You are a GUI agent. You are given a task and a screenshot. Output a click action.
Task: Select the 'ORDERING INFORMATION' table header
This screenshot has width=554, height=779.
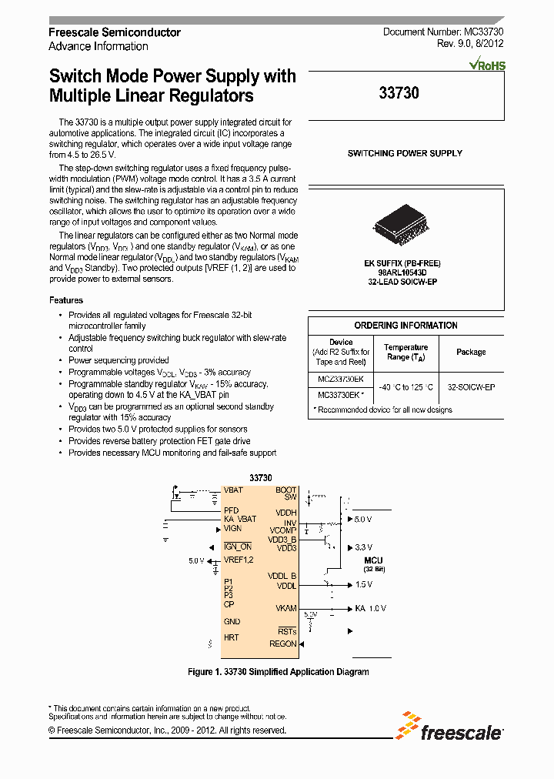coord(405,326)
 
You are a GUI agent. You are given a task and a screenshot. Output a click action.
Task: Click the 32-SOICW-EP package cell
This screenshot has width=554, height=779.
coord(471,387)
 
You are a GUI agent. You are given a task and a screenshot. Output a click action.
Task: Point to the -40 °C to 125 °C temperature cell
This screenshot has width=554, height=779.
coord(405,387)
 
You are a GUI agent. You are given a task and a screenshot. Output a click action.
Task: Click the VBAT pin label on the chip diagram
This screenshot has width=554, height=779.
coord(233,490)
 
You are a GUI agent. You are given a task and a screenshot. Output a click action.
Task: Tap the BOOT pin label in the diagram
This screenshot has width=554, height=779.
coord(285,490)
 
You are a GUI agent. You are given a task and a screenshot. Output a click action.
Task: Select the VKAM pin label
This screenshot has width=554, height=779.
coord(285,608)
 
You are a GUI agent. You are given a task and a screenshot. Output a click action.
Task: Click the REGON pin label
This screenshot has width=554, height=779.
coord(282,644)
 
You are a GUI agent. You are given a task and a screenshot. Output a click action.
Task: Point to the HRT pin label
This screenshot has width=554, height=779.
coord(231,638)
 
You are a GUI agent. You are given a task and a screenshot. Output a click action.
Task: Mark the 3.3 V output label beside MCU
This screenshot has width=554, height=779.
coord(363,547)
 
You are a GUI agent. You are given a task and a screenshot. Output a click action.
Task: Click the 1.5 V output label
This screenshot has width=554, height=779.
coord(363,585)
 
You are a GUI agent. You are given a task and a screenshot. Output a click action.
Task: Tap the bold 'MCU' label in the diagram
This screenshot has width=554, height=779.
coord(373,560)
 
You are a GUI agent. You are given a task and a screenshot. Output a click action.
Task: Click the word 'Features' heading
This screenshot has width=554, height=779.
coord(66,300)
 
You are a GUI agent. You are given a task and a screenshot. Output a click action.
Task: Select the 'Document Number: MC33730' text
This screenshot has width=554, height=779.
coord(443,32)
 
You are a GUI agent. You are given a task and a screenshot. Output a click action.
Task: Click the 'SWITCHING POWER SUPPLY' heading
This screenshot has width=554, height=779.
coord(405,153)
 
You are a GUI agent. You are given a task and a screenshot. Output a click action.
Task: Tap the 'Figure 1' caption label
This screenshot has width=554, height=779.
coord(205,672)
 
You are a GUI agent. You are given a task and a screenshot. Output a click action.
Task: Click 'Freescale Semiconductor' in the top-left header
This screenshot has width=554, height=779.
coord(115,32)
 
